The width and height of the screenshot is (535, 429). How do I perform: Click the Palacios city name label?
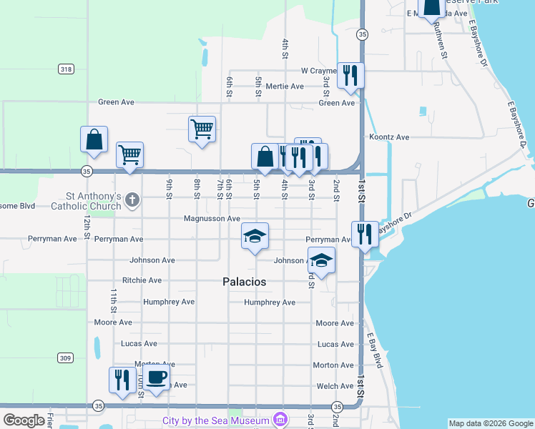point(240,282)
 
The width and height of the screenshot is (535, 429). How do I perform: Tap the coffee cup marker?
point(157,378)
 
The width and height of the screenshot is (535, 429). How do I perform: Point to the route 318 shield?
point(67,69)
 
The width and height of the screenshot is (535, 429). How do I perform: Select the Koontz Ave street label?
point(389,137)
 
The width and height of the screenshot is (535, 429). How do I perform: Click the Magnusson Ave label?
point(212,219)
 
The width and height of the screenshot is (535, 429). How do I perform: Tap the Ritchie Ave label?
point(142,280)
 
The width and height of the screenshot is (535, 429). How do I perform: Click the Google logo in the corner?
point(24,420)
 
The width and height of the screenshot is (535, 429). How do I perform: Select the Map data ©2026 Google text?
point(491,423)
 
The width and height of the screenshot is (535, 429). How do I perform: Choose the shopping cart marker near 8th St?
point(202,129)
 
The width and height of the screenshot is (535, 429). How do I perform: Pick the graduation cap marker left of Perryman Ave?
point(254,236)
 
